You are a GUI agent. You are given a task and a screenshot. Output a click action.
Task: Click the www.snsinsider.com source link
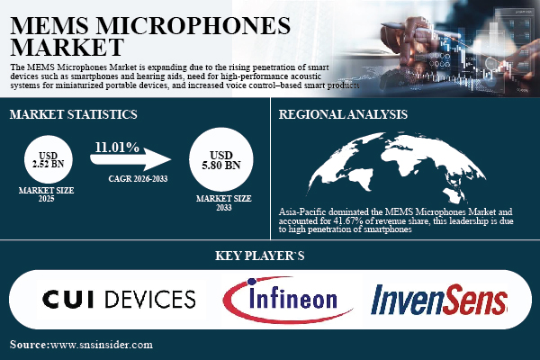(x=102, y=345)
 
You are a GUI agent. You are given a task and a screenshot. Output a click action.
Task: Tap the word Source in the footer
(x=29, y=345)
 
